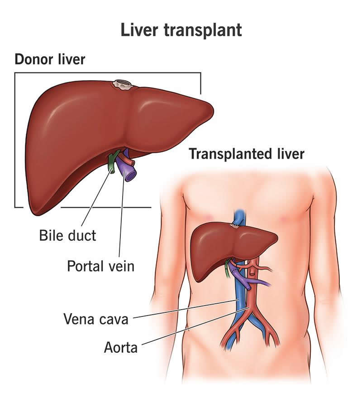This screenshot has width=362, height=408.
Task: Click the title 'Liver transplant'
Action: tap(181, 30)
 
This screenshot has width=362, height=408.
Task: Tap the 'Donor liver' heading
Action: tap(50, 59)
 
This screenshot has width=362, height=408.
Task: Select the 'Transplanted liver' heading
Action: tap(247, 154)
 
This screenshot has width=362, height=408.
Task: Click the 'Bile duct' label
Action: tap(67, 235)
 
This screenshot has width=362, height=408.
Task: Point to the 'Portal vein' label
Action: tap(101, 266)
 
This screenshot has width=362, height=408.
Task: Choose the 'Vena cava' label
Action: tap(96, 319)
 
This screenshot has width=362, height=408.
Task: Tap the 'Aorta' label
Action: tap(121, 347)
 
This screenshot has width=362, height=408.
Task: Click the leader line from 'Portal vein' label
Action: tap(122, 215)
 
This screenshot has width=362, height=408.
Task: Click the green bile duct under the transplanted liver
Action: tap(227, 268)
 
